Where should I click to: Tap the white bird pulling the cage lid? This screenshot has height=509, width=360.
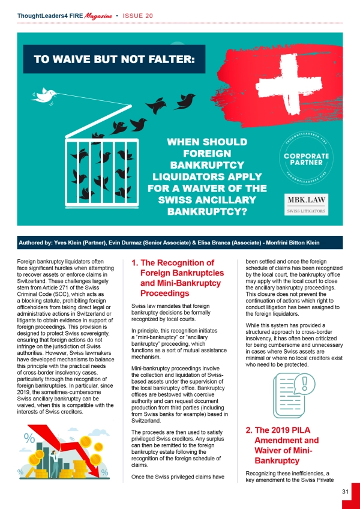click(44, 94)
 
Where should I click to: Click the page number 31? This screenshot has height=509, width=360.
click(346, 492)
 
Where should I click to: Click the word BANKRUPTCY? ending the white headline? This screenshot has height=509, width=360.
click(199, 211)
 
